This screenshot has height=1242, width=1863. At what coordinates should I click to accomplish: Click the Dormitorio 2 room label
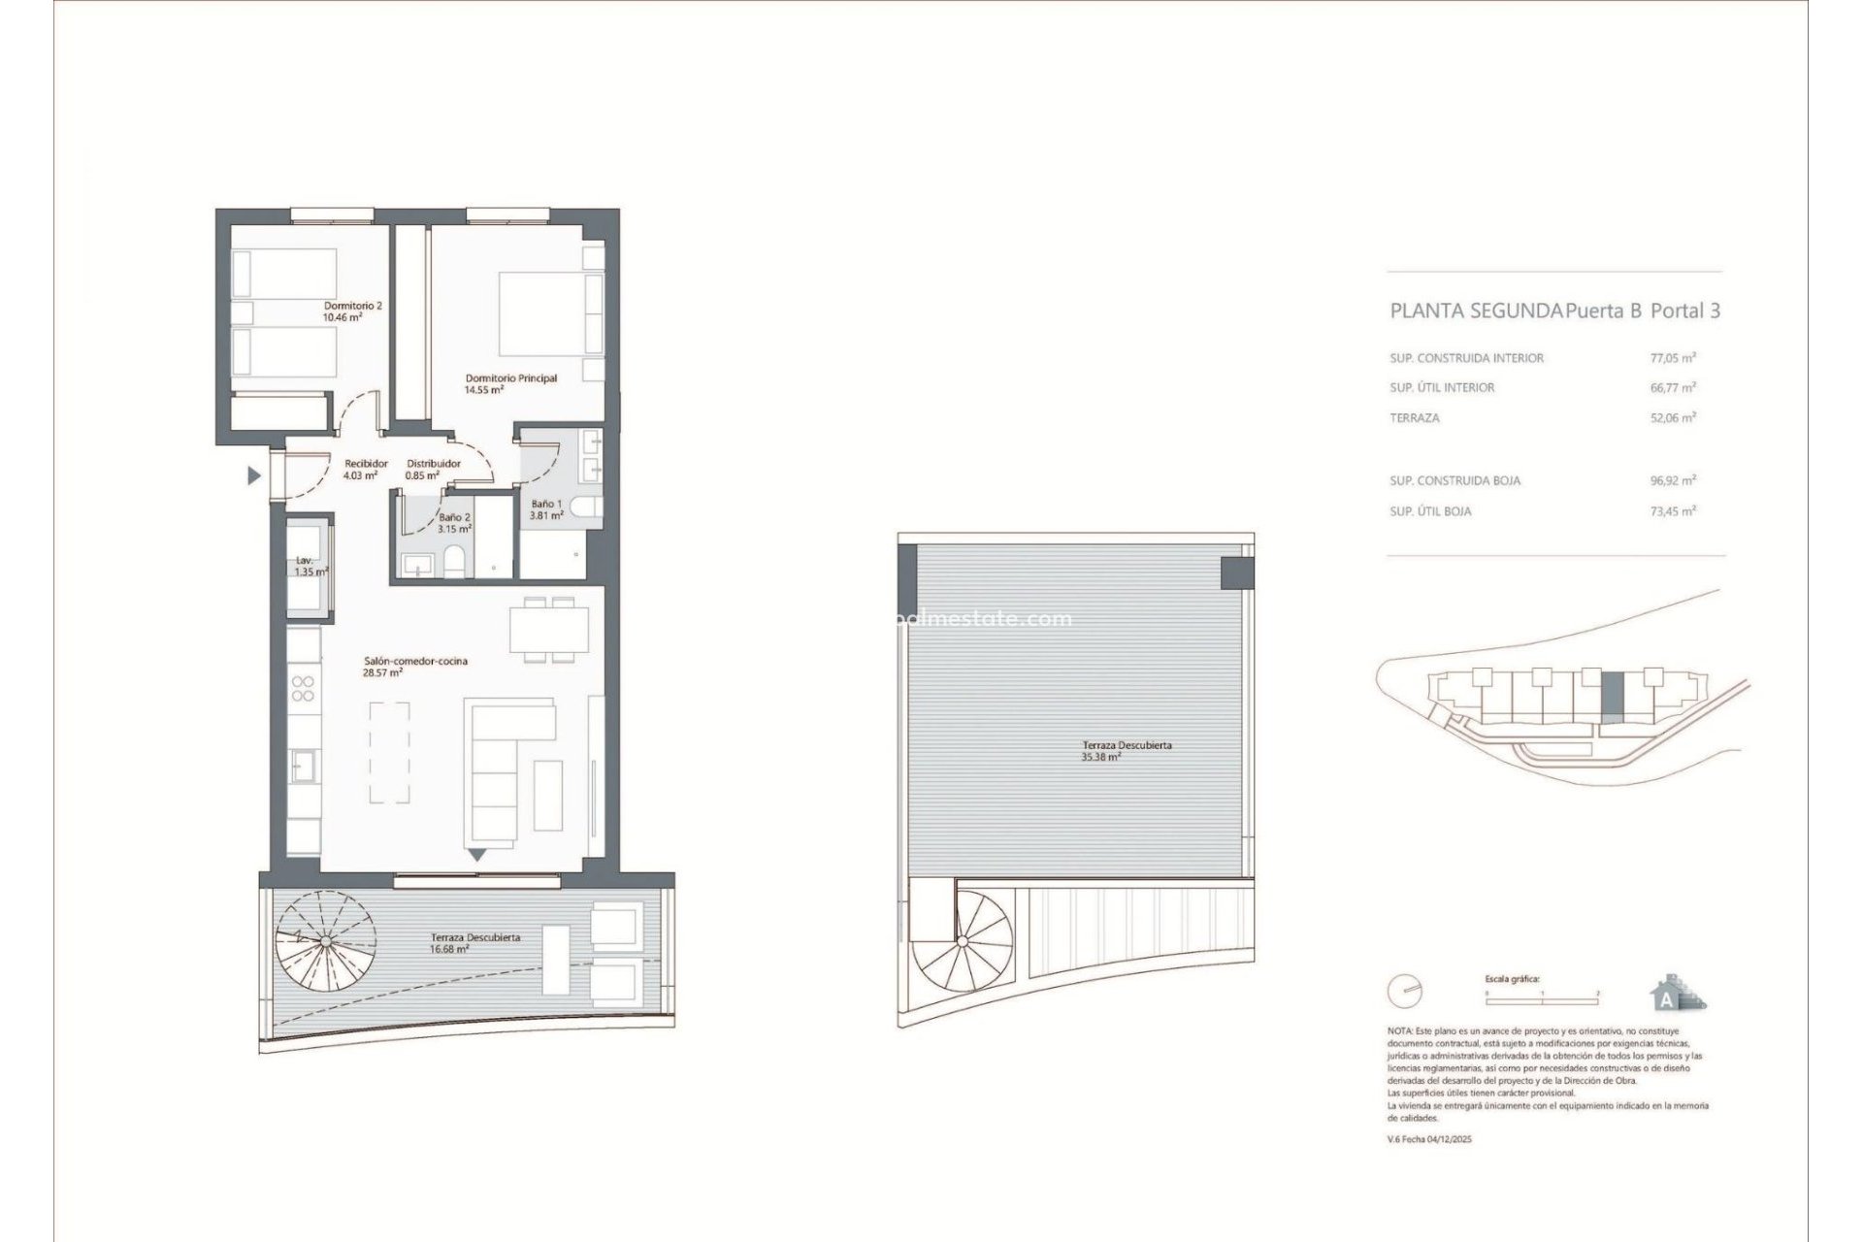click(x=352, y=310)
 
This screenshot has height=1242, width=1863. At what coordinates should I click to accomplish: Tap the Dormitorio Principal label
click(x=510, y=383)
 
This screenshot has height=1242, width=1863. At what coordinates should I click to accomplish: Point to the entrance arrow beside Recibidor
click(x=254, y=475)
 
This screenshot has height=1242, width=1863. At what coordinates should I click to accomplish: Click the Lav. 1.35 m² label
click(x=310, y=567)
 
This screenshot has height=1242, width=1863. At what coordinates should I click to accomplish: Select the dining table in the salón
click(x=548, y=629)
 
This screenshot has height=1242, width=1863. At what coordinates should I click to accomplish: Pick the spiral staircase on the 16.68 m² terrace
click(x=328, y=938)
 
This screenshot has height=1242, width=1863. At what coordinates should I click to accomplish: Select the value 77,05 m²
click(x=1666, y=358)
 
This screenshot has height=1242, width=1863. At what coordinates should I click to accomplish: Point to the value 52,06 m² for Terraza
click(x=1666, y=418)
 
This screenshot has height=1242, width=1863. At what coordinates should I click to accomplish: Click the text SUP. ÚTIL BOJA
click(x=1430, y=511)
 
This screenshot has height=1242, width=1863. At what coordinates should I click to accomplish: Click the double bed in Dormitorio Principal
click(x=548, y=313)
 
